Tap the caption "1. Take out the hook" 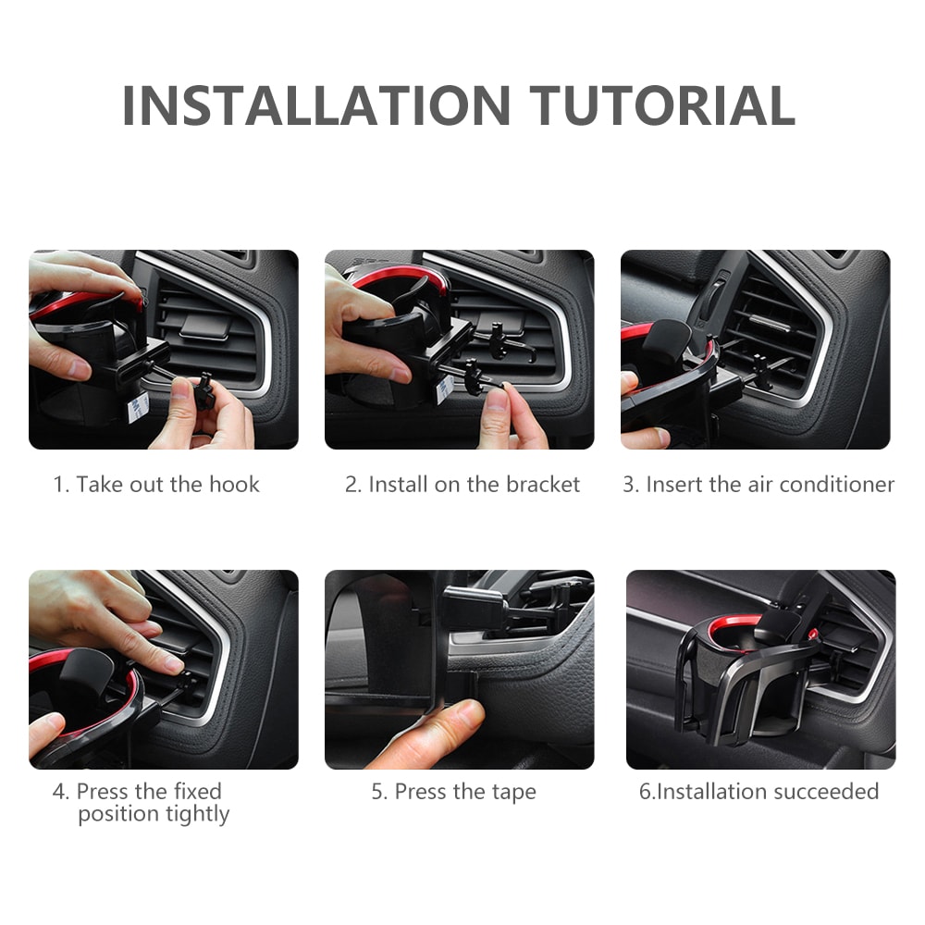(x=156, y=484)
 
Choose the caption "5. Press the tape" (x=453, y=792)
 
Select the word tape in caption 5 (x=515, y=793)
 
